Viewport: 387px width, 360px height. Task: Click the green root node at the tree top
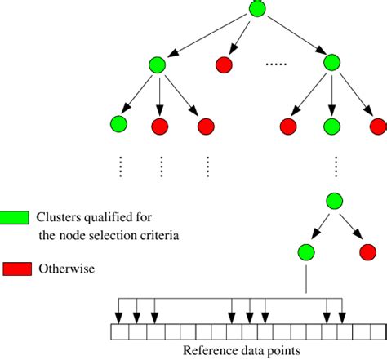(257, 10)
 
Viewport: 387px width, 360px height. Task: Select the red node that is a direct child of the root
(225, 64)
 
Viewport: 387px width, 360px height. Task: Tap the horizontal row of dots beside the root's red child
(277, 64)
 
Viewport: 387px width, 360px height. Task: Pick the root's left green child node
(158, 64)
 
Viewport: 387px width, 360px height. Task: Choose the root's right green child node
(331, 63)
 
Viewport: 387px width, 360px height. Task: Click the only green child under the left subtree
(118, 126)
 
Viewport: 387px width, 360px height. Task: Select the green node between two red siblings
(331, 126)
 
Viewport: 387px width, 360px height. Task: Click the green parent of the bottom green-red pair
(333, 200)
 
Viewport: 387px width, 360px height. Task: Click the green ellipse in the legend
(16, 218)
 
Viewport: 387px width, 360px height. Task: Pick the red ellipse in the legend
(16, 269)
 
